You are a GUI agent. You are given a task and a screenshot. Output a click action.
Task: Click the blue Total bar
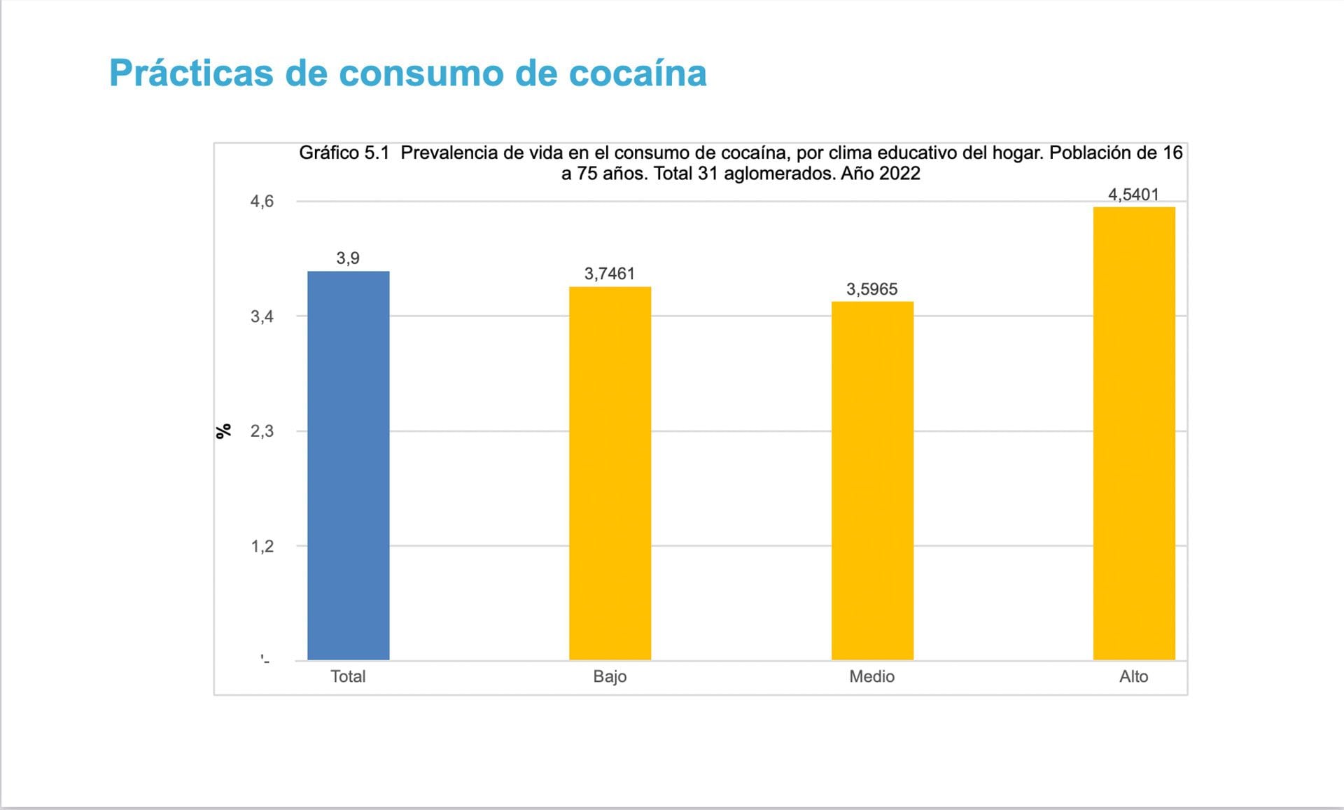click(348, 466)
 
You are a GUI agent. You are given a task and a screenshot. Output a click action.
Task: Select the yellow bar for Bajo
click(610, 473)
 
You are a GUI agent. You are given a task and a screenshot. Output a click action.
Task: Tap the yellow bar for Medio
click(872, 480)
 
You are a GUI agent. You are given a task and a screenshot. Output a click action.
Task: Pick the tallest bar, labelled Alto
click(1134, 433)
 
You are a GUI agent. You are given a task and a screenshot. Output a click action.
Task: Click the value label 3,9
click(348, 258)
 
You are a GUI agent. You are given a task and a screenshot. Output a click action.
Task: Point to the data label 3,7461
click(610, 274)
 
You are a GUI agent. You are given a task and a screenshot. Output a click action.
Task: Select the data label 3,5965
click(871, 289)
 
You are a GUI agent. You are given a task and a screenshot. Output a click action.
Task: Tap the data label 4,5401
click(1133, 195)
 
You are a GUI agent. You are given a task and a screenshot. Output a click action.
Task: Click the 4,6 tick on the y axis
click(262, 202)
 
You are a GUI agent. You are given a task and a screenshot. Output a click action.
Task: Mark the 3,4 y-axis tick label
click(262, 316)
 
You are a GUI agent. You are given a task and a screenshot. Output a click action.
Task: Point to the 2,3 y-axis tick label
click(262, 431)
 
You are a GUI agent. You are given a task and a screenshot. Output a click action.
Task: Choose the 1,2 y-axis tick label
click(262, 546)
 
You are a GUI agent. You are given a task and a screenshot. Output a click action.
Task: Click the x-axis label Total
click(348, 676)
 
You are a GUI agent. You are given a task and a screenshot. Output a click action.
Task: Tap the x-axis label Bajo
click(610, 676)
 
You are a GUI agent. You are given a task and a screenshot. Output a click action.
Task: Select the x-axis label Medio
click(871, 676)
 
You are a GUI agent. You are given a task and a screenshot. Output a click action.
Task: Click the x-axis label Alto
click(1133, 676)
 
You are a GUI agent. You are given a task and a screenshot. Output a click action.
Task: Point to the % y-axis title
click(223, 431)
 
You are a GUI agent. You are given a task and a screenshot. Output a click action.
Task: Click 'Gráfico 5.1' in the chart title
click(344, 153)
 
